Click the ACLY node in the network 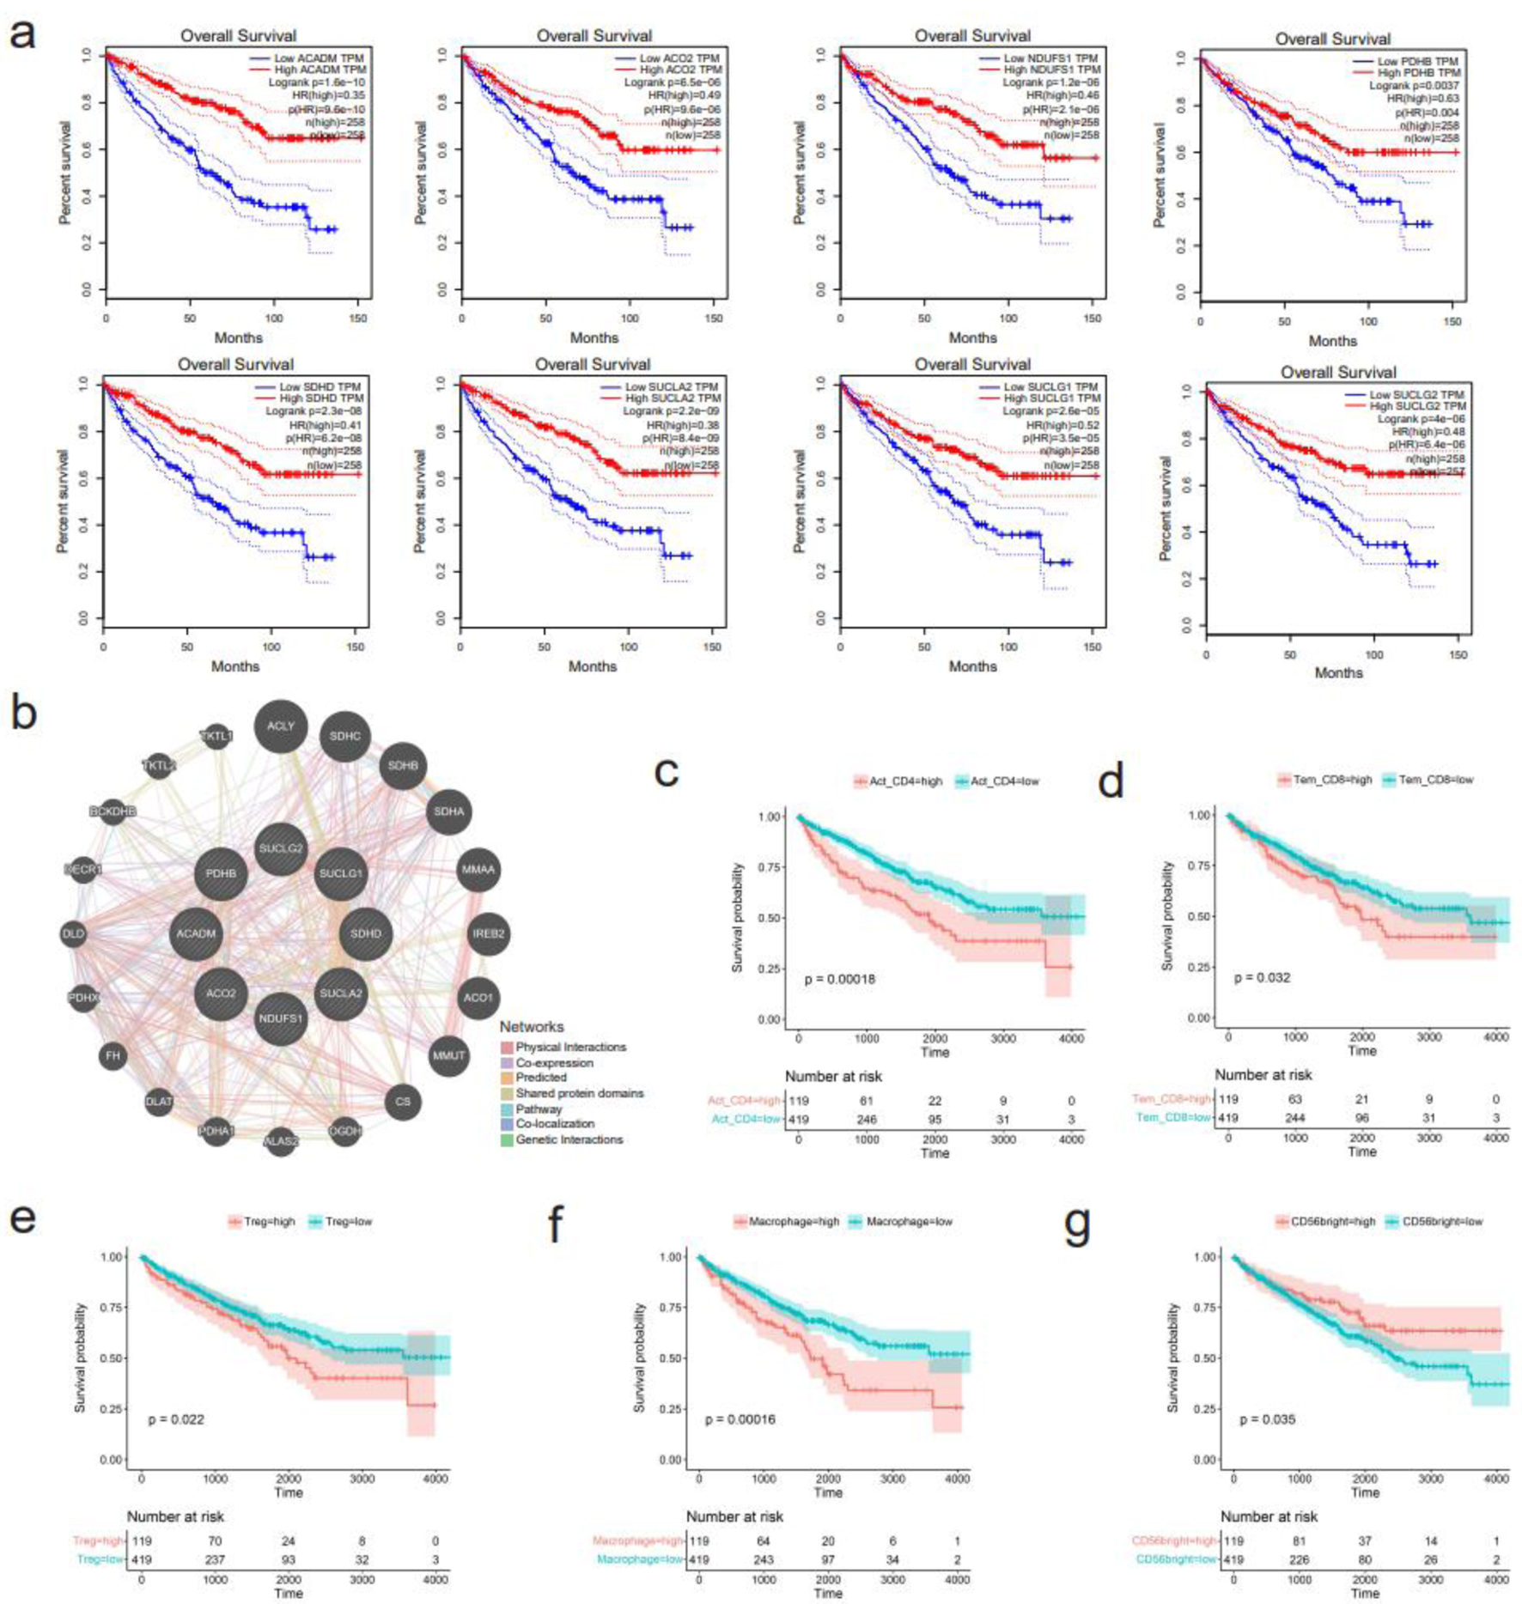coord(281,726)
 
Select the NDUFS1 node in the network coord(281,1019)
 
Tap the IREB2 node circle coord(488,933)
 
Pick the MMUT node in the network coord(448,1055)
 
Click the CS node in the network coord(403,1102)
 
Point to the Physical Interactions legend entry coord(570,1047)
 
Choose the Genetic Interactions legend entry coord(569,1139)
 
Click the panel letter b coord(24,712)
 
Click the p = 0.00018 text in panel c coord(839,979)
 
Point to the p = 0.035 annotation coord(1268,1419)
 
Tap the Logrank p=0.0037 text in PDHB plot coord(1414,86)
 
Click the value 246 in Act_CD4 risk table coord(867,1119)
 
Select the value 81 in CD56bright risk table coord(1299,1540)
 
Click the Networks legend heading coord(532,1027)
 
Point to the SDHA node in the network coord(448,811)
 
